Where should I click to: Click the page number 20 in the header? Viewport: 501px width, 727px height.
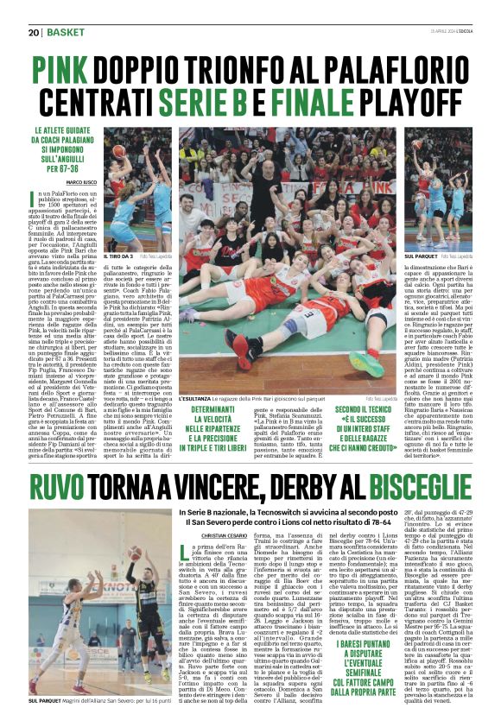[x=35, y=33]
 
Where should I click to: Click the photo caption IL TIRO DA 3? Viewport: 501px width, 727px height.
[x=117, y=257]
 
